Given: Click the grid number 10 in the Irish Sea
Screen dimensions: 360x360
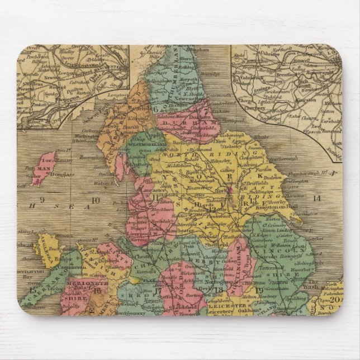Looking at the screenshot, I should (x=96, y=200).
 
